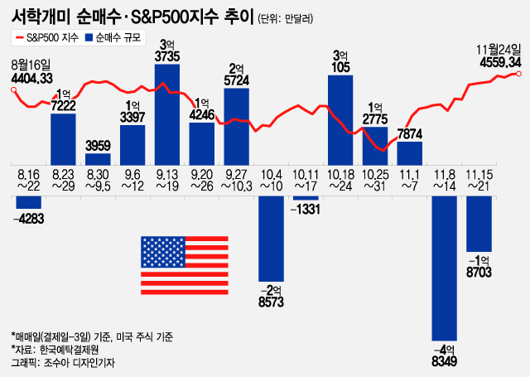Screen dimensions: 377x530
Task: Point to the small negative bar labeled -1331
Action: [x=306, y=197]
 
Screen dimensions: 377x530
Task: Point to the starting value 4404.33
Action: [x=32, y=78]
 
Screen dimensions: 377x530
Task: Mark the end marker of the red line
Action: [x=518, y=74]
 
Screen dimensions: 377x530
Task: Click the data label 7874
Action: [x=411, y=133]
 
